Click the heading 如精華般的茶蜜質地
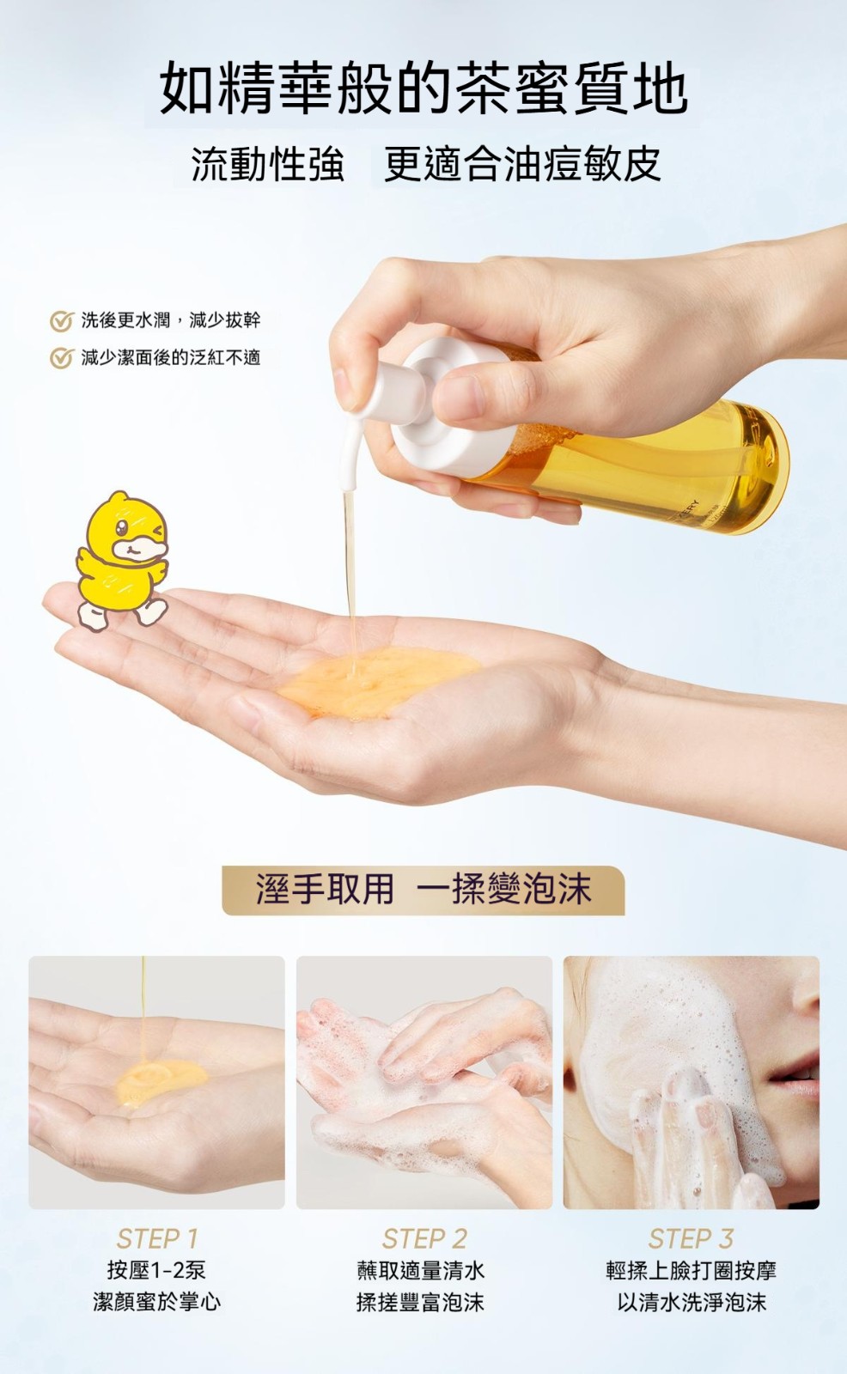(423, 88)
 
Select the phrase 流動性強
(268, 164)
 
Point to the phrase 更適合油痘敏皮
(522, 164)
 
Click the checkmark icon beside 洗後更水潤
(61, 321)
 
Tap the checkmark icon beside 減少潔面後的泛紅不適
(61, 358)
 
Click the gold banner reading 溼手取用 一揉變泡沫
(423, 890)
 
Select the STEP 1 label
(157, 1238)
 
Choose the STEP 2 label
(424, 1238)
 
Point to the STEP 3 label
(692, 1238)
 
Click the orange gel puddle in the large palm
(377, 682)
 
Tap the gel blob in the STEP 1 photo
(161, 1083)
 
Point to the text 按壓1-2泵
(156, 1270)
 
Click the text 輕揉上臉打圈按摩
(692, 1270)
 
